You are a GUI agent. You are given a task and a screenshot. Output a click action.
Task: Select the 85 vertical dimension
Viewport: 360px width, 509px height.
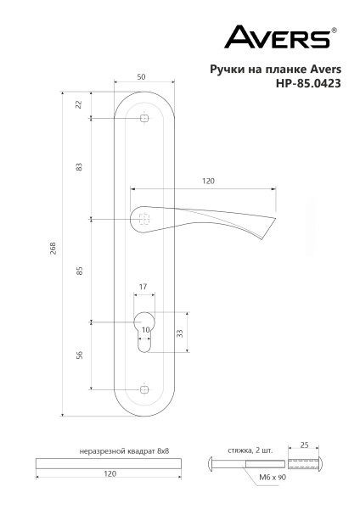[x=79, y=271]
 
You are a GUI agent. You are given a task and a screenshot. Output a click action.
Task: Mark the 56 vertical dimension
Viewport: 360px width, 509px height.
[x=79, y=355]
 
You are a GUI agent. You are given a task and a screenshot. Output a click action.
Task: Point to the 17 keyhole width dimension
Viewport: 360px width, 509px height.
[x=143, y=288]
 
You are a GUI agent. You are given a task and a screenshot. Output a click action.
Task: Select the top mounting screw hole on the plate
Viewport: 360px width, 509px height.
[x=143, y=120]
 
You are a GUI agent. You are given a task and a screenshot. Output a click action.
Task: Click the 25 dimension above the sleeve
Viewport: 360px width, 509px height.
[x=305, y=444]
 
